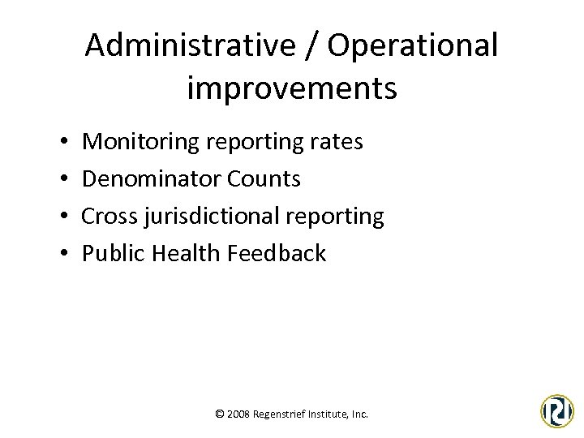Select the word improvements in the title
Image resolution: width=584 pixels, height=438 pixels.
[x=292, y=88]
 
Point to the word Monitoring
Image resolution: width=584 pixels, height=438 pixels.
[x=144, y=143]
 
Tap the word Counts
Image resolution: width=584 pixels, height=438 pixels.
[x=265, y=178]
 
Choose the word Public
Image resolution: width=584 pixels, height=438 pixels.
[x=111, y=253]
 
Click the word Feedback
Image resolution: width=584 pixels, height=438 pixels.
[x=277, y=253]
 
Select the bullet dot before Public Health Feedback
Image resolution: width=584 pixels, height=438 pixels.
[x=63, y=254]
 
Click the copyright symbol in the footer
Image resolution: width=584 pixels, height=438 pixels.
[x=220, y=414]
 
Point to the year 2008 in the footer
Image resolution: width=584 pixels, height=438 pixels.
[x=239, y=414]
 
